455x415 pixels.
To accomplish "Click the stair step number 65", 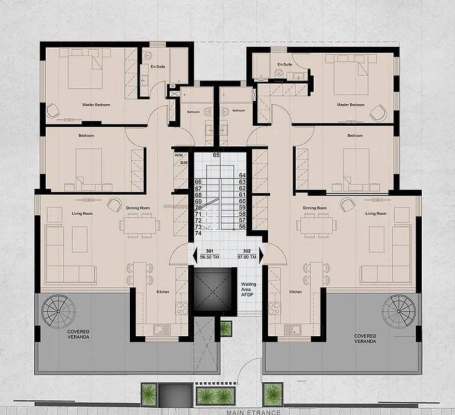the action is point(216,155).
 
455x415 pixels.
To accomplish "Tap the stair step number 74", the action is point(198,233).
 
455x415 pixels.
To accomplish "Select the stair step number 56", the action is point(242,227).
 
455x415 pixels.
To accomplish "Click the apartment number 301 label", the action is point(210,251).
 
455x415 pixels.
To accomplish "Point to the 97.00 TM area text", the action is point(246,257).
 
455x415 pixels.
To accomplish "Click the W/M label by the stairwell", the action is point(178,155).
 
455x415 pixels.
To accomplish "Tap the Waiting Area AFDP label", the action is point(249,289).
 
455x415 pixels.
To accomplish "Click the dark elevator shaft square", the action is point(213,289).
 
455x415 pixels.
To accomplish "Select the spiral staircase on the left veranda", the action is point(58,311).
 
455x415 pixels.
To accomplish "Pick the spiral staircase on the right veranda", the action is point(398,311).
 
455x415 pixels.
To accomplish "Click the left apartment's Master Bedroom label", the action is point(96,105).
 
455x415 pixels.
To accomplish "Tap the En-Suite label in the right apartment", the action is point(285,64).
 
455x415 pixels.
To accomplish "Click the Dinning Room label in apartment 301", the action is point(138,208).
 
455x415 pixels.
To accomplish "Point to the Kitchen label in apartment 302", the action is point(295,292).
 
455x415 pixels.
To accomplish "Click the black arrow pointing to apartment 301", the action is point(195,255).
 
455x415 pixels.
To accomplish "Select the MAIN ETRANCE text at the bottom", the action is point(253,412).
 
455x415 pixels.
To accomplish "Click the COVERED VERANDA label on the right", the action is point(365,339).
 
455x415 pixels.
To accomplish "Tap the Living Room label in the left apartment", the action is point(82,214).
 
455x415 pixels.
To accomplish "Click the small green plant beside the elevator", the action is point(226,328).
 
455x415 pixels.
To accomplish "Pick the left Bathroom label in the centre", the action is point(194,112).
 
